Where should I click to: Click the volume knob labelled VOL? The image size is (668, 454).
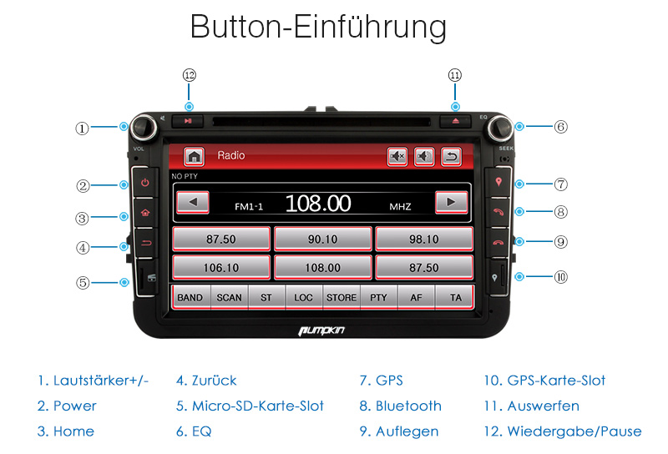coord(144,127)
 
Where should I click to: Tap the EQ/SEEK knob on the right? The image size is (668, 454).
coord(500,127)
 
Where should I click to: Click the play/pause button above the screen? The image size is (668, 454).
coord(188,121)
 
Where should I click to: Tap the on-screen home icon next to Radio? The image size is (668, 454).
coord(194,156)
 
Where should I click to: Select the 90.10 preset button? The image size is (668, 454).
coord(323,239)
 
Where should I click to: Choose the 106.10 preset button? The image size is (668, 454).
coord(221,267)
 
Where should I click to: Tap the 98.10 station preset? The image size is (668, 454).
coord(424,239)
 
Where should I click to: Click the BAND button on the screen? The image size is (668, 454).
coord(190,297)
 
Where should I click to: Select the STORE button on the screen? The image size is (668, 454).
coord(342,297)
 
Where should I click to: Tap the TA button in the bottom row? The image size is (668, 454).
coord(455,297)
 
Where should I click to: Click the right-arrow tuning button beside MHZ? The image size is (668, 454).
coord(451,202)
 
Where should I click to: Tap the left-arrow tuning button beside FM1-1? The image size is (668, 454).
coord(193,202)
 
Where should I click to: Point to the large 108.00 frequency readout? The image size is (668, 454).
coord(318,203)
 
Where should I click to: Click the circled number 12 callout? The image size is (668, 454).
coord(190,75)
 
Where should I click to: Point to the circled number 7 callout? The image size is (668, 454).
coord(560,184)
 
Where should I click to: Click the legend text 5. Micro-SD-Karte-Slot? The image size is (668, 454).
coord(250,406)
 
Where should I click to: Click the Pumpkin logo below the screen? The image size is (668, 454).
coord(321,330)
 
